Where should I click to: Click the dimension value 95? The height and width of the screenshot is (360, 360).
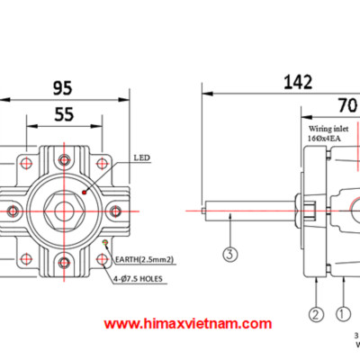pyautogui.click(x=62, y=87)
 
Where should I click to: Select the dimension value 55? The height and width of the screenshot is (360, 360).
pyautogui.click(x=62, y=115)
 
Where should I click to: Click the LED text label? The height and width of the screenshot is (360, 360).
pyautogui.click(x=140, y=157)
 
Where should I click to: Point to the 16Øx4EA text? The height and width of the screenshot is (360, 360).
pyautogui.click(x=321, y=139)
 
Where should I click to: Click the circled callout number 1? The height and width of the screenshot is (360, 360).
pyautogui.click(x=342, y=314)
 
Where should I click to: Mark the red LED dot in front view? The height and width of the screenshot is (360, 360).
pyautogui.click(x=84, y=192)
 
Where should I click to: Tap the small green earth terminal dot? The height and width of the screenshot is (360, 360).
pyautogui.click(x=106, y=243)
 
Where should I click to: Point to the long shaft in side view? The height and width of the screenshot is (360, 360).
pyautogui.click(x=247, y=213)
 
